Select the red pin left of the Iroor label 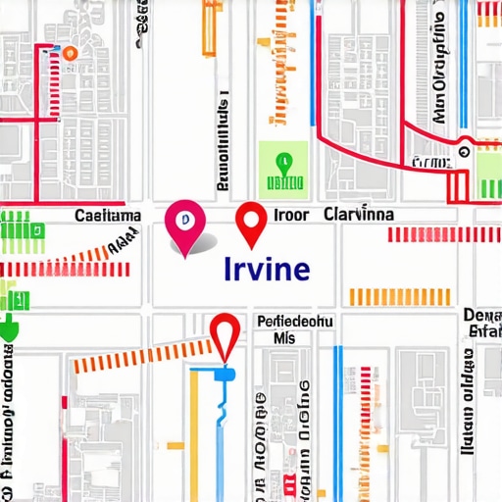(x=253, y=223)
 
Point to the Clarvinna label (x=358, y=214)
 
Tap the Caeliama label (x=108, y=215)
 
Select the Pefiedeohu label (x=295, y=321)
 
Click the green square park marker (x=283, y=167)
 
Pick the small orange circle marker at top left (x=70, y=55)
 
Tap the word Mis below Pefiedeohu (x=285, y=337)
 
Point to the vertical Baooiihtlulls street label (x=224, y=142)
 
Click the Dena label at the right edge (x=481, y=315)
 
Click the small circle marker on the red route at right (x=464, y=152)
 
